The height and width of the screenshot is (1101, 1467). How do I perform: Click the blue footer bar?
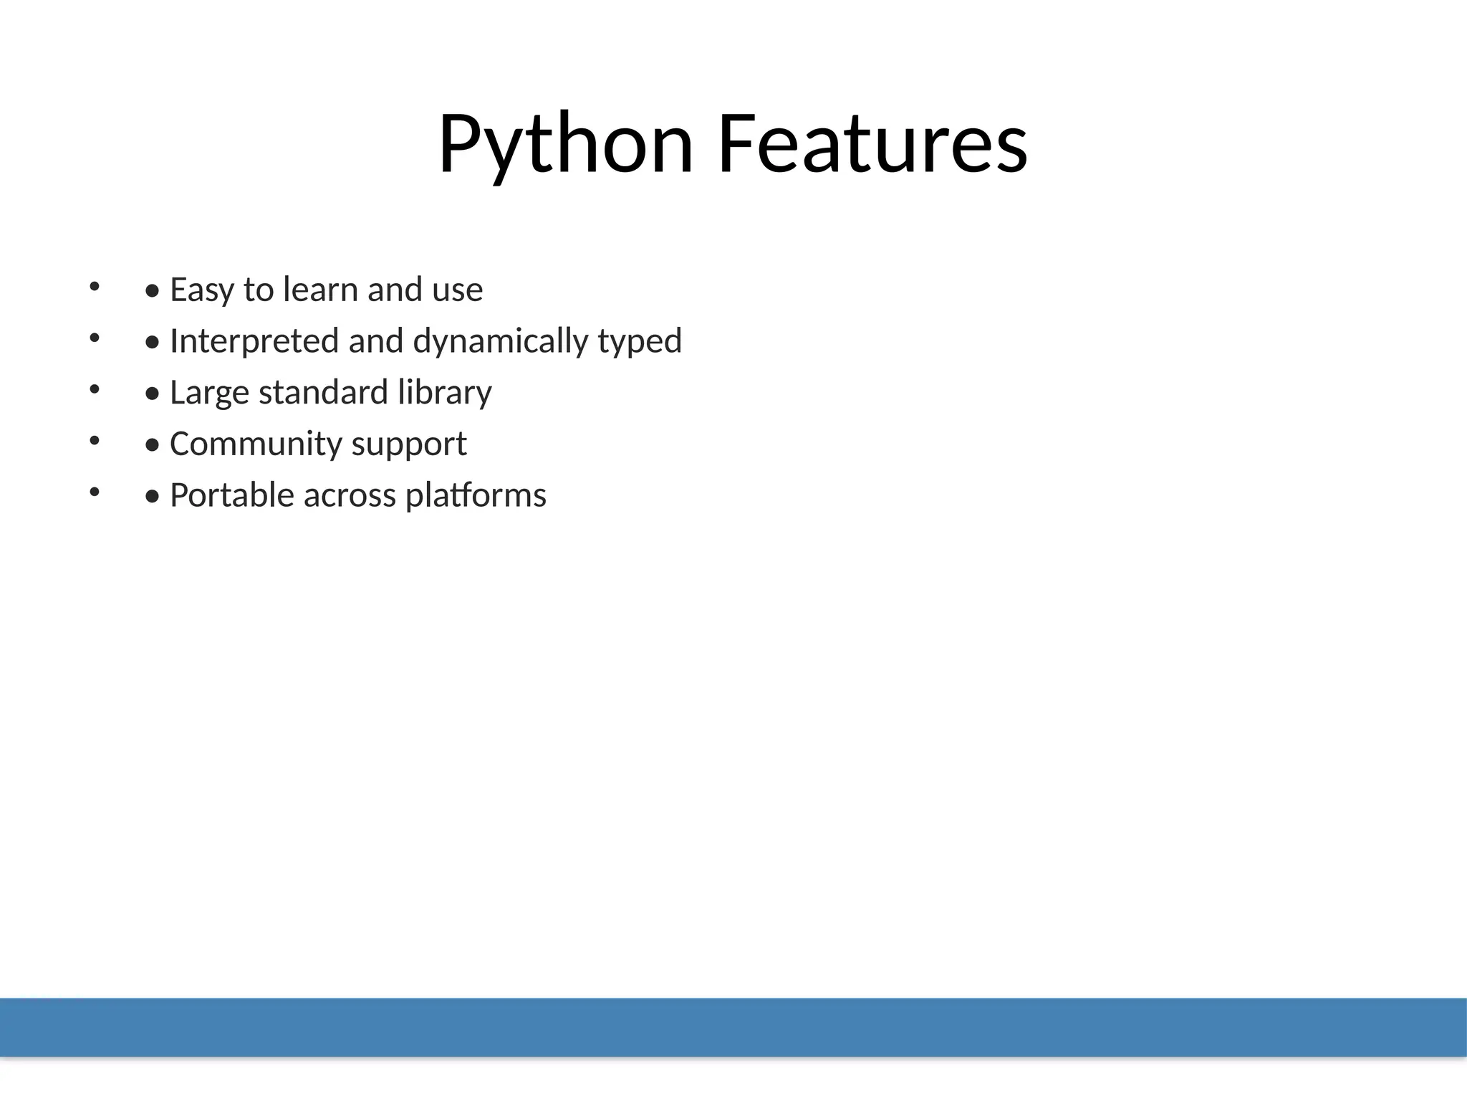pyautogui.click(x=733, y=1026)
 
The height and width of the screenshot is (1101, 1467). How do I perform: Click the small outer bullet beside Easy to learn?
pyautogui.click(x=94, y=287)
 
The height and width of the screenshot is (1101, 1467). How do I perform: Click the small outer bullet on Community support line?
pyautogui.click(x=94, y=441)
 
